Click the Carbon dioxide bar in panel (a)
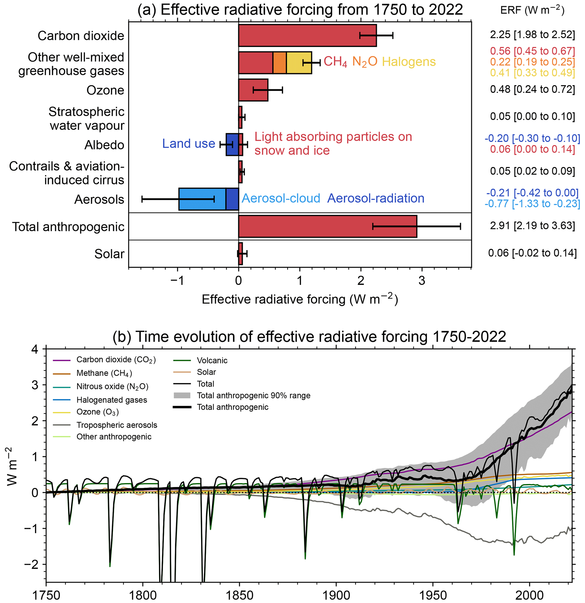click(307, 35)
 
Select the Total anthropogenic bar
click(327, 226)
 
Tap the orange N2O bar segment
click(279, 63)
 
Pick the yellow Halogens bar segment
click(299, 63)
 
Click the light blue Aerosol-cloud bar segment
click(202, 199)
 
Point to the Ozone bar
click(253, 90)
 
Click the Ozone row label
click(105, 90)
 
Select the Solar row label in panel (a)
click(109, 254)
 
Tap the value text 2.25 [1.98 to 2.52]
click(532, 34)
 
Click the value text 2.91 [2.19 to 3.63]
click(532, 226)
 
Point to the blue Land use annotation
click(188, 143)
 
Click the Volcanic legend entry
click(212, 360)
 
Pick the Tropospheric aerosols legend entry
click(117, 425)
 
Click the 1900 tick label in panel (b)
click(336, 595)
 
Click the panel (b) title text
click(309, 337)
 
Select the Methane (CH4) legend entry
click(104, 373)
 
